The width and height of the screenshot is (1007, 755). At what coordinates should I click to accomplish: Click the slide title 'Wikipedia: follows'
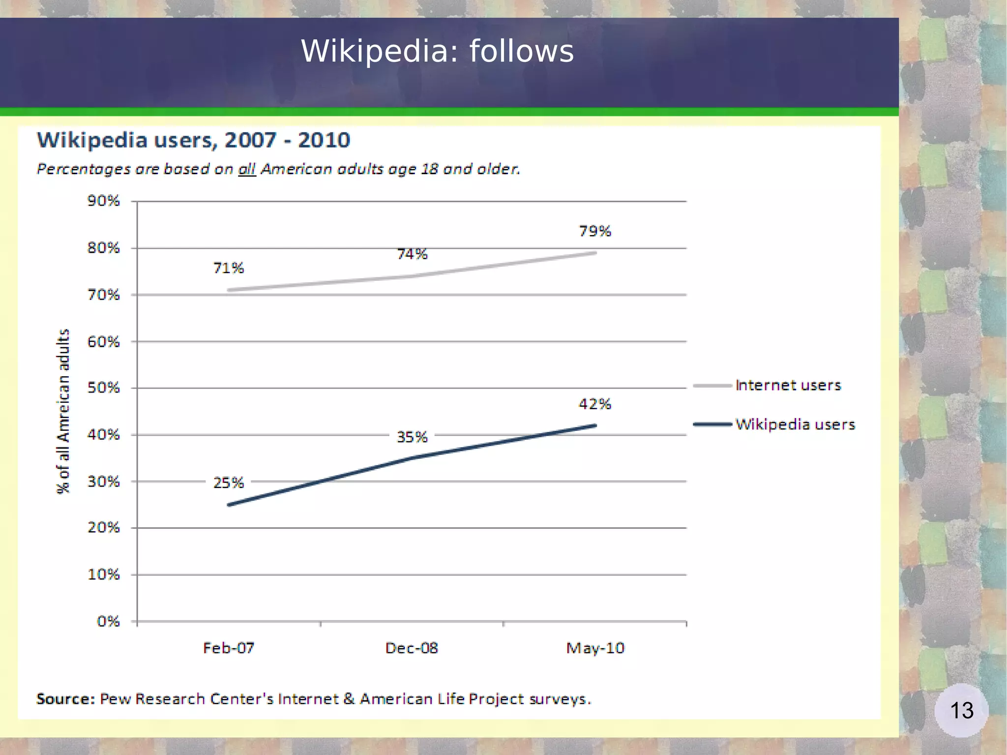pos(437,51)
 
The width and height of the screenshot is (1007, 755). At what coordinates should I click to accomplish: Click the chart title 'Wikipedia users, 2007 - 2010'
pos(193,140)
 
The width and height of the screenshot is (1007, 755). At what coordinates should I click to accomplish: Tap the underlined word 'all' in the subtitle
pos(247,169)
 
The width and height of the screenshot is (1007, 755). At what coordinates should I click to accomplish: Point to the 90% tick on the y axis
pos(104,201)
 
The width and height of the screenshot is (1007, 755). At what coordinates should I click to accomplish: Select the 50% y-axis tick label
pos(104,388)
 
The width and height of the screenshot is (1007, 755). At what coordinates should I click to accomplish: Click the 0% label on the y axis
pos(108,621)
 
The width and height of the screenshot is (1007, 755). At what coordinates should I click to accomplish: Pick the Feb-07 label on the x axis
pos(229,648)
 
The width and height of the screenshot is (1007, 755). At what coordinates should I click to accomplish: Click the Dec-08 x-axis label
pos(412,648)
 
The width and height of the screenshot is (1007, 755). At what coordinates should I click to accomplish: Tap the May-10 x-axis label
pos(595,648)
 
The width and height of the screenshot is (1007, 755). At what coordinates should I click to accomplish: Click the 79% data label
pos(595,231)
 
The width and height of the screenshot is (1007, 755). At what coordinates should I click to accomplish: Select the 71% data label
pos(229,268)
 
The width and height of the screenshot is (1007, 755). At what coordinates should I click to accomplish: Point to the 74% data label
pos(412,254)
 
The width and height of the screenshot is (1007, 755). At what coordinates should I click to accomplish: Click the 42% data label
pos(595,404)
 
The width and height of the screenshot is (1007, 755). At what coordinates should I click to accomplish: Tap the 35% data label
pos(412,437)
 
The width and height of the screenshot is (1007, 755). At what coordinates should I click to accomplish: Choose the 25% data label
pos(229,483)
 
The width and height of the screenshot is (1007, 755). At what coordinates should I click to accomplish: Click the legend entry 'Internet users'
pos(788,385)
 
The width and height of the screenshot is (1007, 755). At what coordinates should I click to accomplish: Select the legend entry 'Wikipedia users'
pos(795,424)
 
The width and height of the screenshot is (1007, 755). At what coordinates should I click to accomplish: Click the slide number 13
pos(961,710)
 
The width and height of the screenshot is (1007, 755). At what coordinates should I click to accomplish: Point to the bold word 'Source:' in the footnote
pos(65,699)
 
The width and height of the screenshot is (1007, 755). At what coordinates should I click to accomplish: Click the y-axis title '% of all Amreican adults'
pos(63,411)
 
